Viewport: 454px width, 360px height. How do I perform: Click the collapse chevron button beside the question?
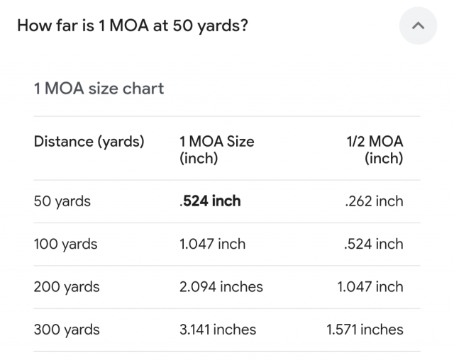419,26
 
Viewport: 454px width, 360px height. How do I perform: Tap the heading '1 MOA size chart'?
99,89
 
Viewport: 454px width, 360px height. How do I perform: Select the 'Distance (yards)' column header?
89,142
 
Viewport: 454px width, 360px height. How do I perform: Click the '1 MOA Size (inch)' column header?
216,150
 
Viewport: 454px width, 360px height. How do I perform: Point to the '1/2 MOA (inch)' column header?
375,150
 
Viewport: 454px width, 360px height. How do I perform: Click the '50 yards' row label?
62,201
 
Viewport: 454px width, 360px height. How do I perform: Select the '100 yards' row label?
65,244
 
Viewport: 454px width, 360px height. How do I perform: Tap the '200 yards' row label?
67,287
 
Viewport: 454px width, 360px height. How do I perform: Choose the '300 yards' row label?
67,330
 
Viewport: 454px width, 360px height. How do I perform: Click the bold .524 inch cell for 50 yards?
211,201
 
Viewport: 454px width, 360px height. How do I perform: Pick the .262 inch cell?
373,201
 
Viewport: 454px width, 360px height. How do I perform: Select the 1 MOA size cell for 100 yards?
213,244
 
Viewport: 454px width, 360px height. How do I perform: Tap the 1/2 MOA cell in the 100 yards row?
373,244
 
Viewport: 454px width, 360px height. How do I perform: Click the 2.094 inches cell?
221,287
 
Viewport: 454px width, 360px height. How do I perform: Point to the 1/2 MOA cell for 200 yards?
370,287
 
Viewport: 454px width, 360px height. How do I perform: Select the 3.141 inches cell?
218,330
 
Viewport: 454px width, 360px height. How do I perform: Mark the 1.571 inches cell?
365,330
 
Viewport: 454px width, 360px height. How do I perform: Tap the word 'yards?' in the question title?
222,26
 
